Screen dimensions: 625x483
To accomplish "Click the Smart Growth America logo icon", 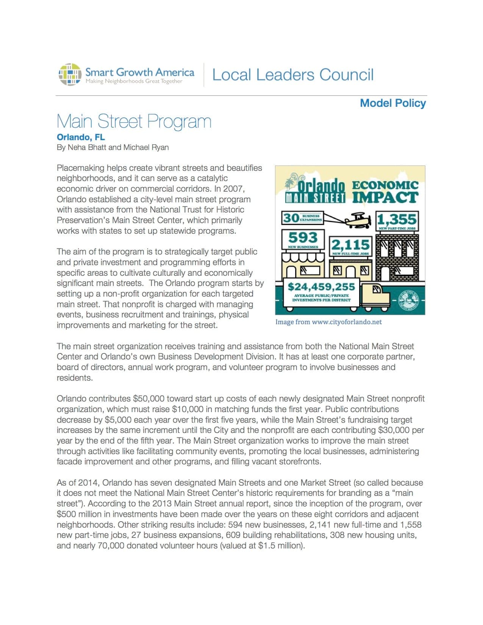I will point(70,74).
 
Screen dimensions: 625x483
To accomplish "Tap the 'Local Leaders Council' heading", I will point(292,75).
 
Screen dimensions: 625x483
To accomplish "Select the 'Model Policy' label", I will point(392,103).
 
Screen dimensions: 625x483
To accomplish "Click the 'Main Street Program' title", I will point(134,121).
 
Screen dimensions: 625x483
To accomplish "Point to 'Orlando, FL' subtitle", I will point(81,137).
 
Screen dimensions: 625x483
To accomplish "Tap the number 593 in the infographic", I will point(303,237).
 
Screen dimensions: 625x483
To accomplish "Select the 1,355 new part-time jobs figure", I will point(397,219).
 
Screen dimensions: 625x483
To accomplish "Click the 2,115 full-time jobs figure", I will point(350,244).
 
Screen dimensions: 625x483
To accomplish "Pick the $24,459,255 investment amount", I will point(321,287).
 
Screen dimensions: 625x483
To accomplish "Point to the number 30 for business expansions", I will point(291,218).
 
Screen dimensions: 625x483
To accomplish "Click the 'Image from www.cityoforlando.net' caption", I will point(328,322).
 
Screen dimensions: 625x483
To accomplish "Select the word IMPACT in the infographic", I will point(385,197).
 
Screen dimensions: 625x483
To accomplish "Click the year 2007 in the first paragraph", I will point(234,189).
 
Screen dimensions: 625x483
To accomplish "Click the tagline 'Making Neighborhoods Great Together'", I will point(134,81).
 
